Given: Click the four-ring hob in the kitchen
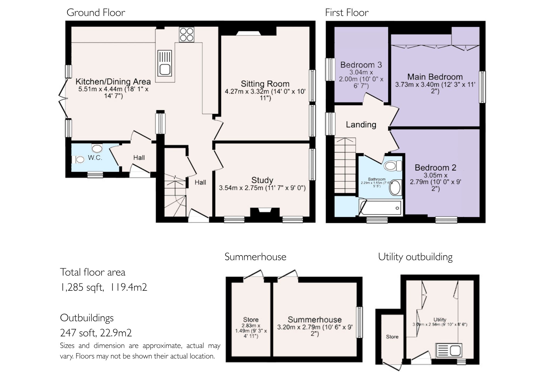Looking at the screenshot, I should pos(187,35).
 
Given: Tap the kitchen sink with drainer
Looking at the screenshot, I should pos(165,63).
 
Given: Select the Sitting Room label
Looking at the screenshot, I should pos(265,84).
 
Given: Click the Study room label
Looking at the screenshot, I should pos(262,180).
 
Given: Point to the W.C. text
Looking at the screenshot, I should pos(95,158).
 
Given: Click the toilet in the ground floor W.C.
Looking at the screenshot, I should pos(79,159).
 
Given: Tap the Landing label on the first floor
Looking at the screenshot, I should pos(361,125).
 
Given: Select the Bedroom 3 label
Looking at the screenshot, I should pos(361,65).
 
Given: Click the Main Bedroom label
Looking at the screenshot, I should pos(435,77).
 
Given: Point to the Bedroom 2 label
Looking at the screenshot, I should pos(435,167).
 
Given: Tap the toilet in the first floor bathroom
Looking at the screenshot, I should pos(393,166).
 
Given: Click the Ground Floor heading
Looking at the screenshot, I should pos(96,12).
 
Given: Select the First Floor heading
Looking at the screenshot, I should pos(347,12).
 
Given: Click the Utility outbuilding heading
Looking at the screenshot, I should pos(415,257).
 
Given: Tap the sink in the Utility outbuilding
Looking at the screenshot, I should pos(449,350).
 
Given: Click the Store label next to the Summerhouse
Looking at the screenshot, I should pos(251,320).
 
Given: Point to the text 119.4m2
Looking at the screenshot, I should pos(129,287).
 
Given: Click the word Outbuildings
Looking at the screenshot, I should pos(87,318).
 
